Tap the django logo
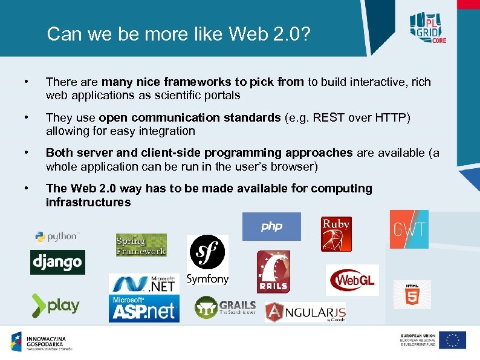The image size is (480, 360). pos(57,262)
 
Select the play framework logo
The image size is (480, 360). pos(56,305)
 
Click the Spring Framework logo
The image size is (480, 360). pos(141,245)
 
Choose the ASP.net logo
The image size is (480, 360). pos(144,309)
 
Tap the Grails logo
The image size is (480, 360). pos(225,307)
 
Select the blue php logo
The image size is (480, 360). pos(271,226)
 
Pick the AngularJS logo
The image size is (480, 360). pos(305,312)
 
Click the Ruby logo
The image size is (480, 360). pos(336,234)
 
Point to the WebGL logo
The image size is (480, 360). pos(352,280)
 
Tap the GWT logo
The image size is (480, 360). pos(409,229)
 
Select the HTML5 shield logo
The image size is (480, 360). pos(412,295)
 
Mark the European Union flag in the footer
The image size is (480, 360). pos(452,340)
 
